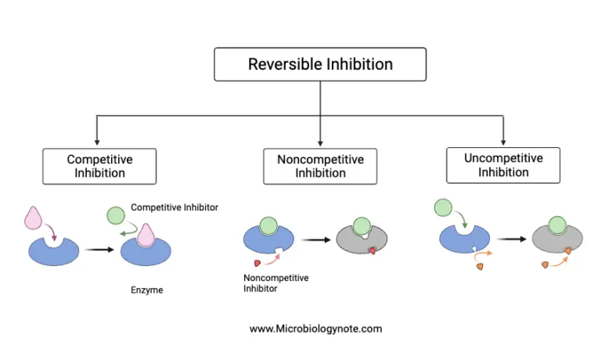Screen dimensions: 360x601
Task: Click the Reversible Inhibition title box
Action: pos(320,64)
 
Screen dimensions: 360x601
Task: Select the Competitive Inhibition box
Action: pos(99,166)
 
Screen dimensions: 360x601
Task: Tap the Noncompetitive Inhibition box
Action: pos(320,166)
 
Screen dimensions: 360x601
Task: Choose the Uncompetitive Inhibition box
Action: pos(502,165)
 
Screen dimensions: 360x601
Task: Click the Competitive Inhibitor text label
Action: pos(174,207)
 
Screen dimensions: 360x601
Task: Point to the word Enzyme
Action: pos(146,290)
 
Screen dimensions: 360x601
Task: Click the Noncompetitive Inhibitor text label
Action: pos(276,283)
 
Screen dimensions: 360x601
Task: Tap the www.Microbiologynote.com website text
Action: pos(316,329)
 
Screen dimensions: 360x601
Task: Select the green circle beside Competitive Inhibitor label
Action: pos(115,215)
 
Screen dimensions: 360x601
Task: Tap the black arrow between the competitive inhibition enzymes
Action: pos(98,250)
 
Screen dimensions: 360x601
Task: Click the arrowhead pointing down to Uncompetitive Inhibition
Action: pos(502,141)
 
